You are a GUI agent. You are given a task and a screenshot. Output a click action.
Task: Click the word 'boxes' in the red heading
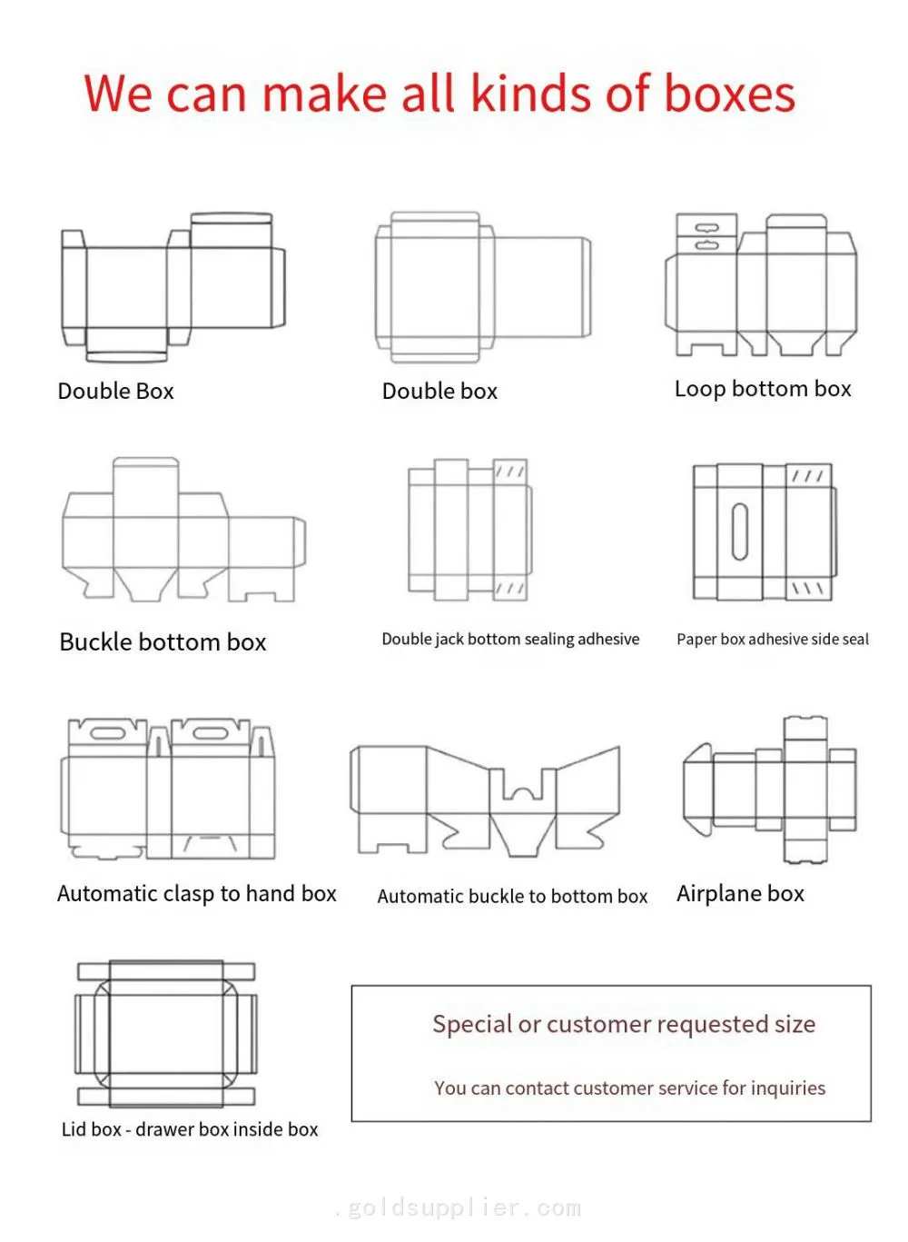coord(729,93)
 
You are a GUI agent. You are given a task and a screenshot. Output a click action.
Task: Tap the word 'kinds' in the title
coord(532,93)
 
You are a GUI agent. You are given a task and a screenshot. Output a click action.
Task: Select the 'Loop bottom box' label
coord(763,389)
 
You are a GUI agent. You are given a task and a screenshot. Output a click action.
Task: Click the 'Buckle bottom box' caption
coord(163,642)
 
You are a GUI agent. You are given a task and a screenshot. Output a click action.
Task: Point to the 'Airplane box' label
coord(740,893)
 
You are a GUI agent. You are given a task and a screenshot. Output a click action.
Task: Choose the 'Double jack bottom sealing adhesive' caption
coord(510,640)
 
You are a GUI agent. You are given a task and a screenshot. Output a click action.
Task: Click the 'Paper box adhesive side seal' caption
coord(773,640)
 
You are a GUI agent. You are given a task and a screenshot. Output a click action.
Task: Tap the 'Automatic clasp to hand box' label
coord(197,893)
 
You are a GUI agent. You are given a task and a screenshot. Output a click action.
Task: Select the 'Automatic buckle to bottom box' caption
coord(512,897)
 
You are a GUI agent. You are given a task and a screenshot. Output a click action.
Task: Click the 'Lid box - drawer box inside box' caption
coord(190,1129)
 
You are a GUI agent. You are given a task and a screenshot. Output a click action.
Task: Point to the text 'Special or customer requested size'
coord(624,1025)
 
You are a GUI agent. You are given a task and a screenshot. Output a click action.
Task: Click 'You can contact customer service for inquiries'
coord(630,1088)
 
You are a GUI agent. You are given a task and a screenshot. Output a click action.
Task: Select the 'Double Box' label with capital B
coord(116,392)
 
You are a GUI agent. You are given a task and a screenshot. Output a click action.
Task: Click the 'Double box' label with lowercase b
coord(439,392)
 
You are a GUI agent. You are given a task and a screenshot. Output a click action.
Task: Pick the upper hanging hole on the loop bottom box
coord(707,228)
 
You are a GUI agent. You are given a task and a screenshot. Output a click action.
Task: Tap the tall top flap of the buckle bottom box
coord(145,487)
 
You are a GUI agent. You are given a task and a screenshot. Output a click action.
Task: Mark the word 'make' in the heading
coord(325,93)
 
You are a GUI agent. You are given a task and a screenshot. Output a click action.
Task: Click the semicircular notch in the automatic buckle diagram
coord(523,793)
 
